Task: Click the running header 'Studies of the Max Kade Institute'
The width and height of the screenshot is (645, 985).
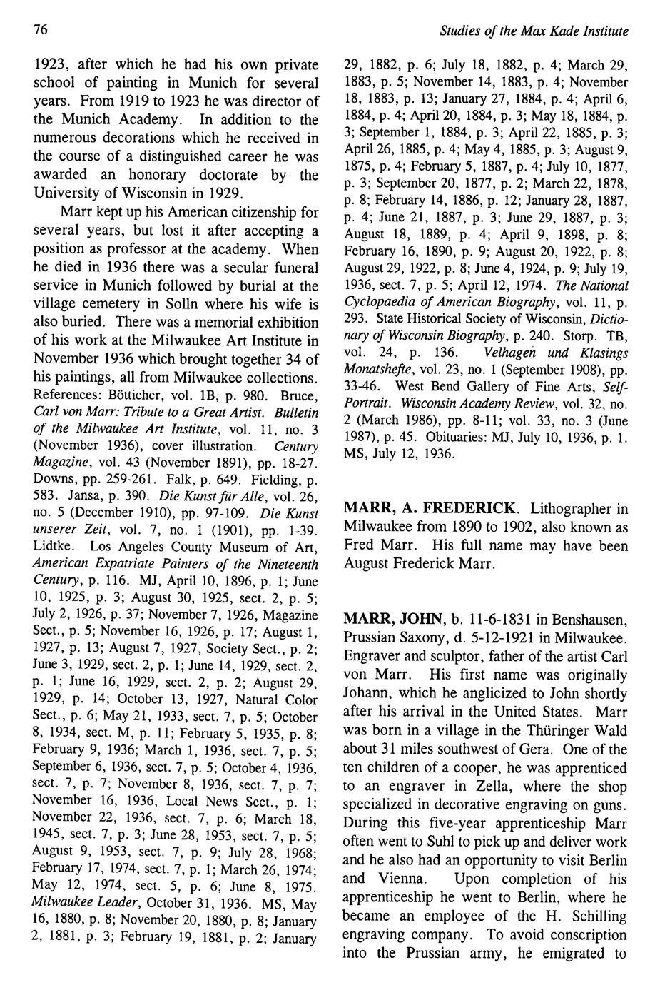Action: [x=534, y=31]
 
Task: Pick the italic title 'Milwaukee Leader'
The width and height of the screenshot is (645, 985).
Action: [x=78, y=902]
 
